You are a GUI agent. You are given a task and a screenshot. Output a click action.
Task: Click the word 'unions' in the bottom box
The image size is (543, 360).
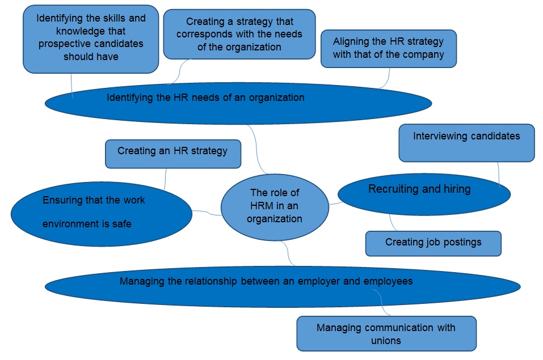[x=386, y=341]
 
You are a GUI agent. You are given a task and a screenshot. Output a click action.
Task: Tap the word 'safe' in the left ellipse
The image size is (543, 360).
[x=121, y=224]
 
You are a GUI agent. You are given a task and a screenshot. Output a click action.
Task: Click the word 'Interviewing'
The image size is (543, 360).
[x=440, y=136]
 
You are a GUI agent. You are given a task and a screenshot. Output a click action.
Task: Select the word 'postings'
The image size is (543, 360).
[x=461, y=243]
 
